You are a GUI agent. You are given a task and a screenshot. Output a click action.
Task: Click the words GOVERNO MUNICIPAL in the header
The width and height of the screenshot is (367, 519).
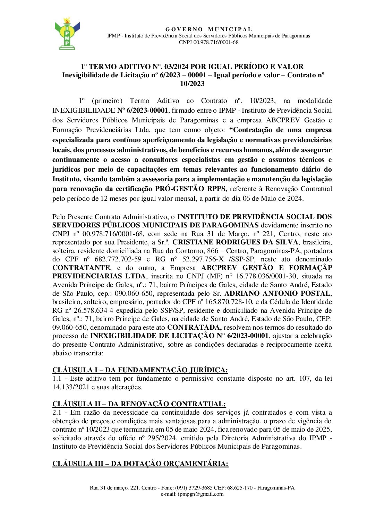(208, 29)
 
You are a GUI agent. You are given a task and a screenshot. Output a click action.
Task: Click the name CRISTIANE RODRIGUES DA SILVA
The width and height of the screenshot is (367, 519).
(235, 242)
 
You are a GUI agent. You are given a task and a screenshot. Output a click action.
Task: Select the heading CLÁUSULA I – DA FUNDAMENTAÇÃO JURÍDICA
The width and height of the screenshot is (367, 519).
(140, 370)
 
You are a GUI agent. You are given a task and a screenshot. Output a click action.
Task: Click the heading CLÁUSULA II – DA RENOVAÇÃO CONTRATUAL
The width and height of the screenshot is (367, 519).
(139, 404)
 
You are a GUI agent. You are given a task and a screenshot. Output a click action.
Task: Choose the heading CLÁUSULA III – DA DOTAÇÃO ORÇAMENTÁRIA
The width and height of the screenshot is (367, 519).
(140, 464)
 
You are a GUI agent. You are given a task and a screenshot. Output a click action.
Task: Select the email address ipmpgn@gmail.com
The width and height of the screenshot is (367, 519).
(200, 494)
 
